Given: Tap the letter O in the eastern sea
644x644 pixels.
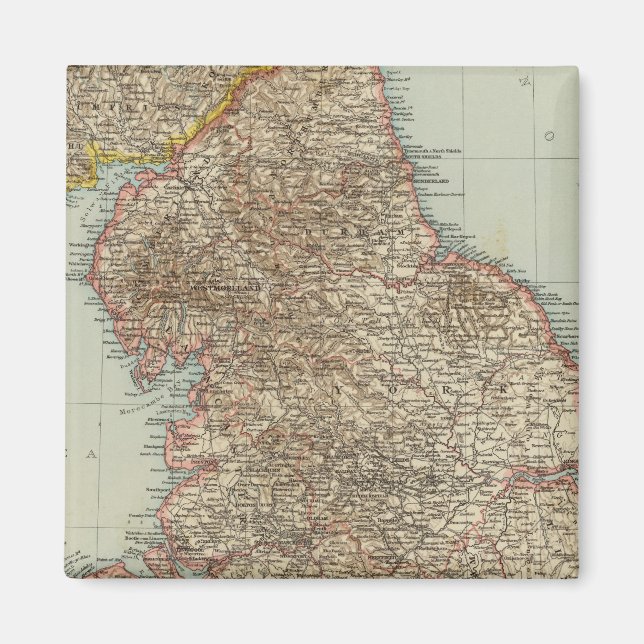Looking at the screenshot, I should point(547,134).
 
